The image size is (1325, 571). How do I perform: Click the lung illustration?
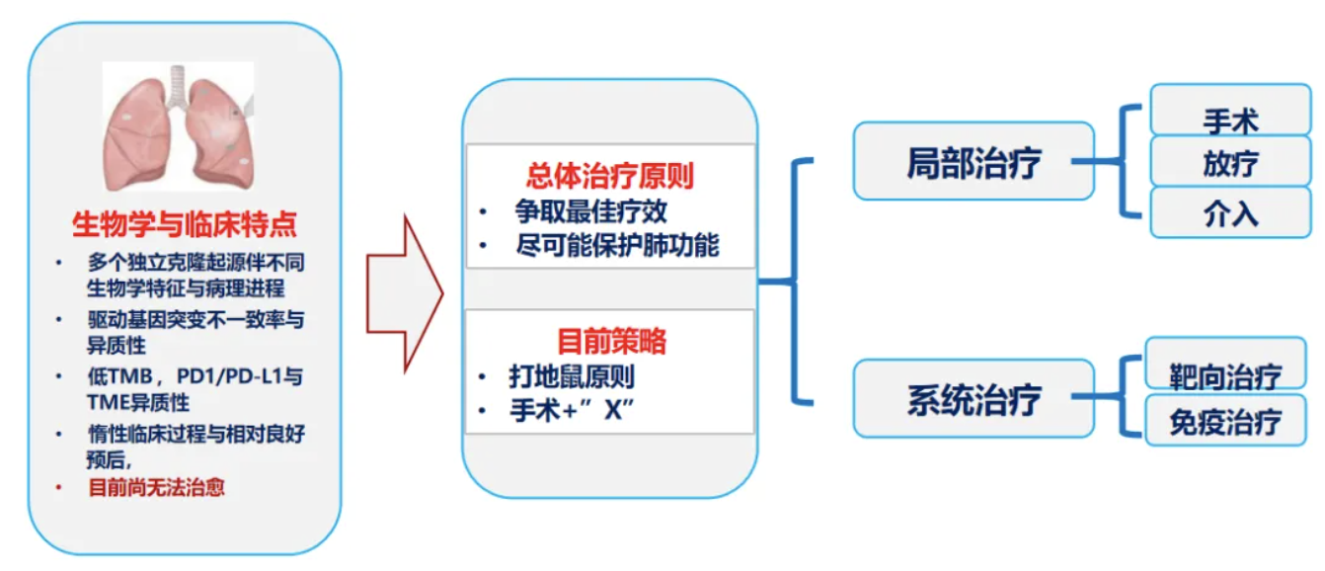tap(178, 127)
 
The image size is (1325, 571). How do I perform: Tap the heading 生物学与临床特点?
tap(185, 225)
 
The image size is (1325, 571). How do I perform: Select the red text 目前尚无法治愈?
tap(156, 488)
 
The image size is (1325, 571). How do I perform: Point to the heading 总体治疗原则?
tap(609, 177)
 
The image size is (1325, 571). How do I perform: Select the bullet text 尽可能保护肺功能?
tap(617, 245)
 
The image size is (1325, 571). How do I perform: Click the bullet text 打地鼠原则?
tap(571, 376)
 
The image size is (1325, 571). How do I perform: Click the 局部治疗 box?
tap(974, 161)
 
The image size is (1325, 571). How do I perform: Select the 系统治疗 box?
tap(974, 399)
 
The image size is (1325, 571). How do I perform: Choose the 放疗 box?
tap(1230, 162)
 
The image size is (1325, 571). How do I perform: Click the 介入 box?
tap(1230, 211)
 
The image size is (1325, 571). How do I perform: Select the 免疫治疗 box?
tap(1225, 422)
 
